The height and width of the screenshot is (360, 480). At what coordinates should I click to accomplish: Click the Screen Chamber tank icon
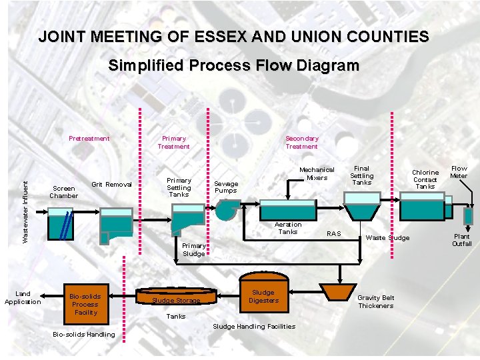click(61, 225)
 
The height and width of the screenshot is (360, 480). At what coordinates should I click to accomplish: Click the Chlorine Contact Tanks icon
click(422, 207)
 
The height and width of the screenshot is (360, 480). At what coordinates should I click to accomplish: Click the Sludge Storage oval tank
click(176, 297)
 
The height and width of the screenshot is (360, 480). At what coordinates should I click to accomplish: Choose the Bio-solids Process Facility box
click(85, 304)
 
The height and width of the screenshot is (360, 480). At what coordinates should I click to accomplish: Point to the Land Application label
click(23, 297)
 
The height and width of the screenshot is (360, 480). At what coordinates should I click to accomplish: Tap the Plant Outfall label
click(462, 240)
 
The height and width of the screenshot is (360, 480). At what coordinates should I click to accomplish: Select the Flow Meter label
click(459, 172)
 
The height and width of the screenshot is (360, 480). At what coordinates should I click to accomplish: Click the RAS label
click(333, 234)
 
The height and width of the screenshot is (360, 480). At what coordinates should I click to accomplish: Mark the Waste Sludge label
click(388, 238)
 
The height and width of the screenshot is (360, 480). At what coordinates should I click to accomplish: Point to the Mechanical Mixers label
click(317, 174)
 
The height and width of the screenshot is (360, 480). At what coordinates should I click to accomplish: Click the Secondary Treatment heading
click(302, 142)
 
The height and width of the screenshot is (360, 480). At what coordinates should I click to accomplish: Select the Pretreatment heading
click(89, 139)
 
